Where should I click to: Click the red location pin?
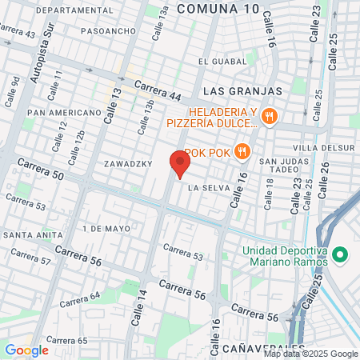180,162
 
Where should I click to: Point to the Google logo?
26,350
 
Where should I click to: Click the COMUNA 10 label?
218,8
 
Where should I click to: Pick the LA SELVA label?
203,187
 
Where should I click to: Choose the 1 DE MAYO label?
106,228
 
